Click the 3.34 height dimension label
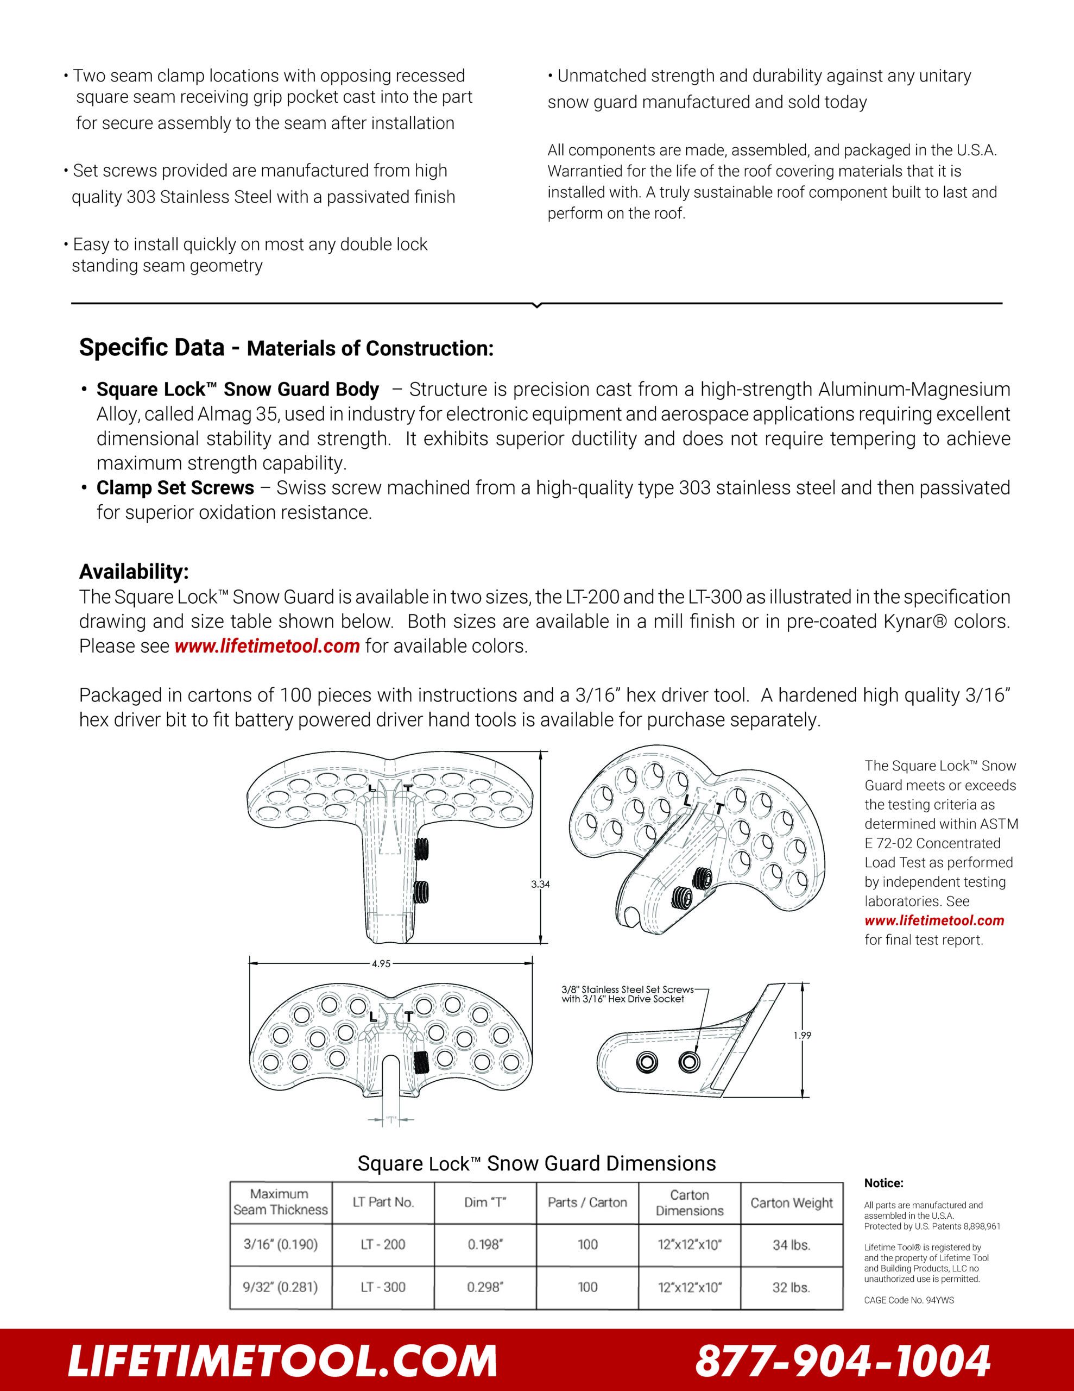click(x=540, y=884)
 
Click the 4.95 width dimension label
click(x=381, y=963)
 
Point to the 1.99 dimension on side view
click(x=802, y=1036)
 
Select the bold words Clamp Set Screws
click(x=175, y=488)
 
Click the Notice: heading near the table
click(x=883, y=1183)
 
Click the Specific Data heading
click(x=151, y=348)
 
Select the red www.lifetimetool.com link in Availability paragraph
click(x=267, y=646)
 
